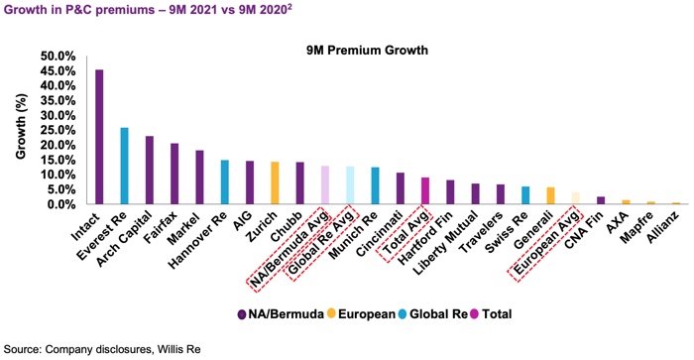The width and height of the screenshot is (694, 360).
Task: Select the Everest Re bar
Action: tap(124, 166)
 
